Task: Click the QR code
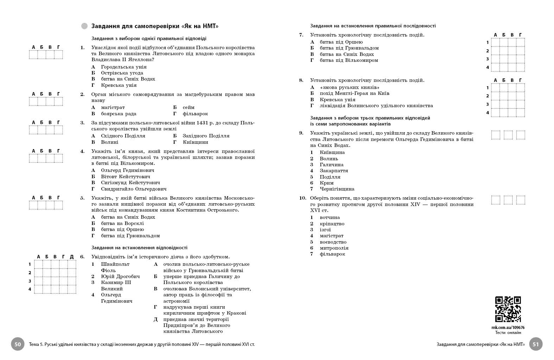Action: pos(508,309)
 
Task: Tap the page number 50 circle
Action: pos(18,344)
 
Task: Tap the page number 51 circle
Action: pos(536,344)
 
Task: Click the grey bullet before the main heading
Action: pos(84,26)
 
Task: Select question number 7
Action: pos(301,35)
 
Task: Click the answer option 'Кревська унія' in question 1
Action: pos(119,85)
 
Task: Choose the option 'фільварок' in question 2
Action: pos(195,114)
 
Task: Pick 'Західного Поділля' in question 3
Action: pos(206,136)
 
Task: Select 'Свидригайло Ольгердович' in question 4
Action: pos(134,189)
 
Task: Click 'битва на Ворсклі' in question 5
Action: pos(122,223)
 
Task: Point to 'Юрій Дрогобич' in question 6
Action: pos(120,276)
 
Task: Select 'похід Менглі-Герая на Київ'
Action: pos(354,93)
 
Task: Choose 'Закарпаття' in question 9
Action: pos(334,171)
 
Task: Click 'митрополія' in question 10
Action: pos(334,248)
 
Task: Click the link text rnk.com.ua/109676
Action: pos(508,327)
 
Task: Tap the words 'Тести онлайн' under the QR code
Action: pos(508,333)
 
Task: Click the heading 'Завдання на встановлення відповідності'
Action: pos(139,247)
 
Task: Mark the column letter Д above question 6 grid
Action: pos(72,257)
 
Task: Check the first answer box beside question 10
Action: pos(496,200)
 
